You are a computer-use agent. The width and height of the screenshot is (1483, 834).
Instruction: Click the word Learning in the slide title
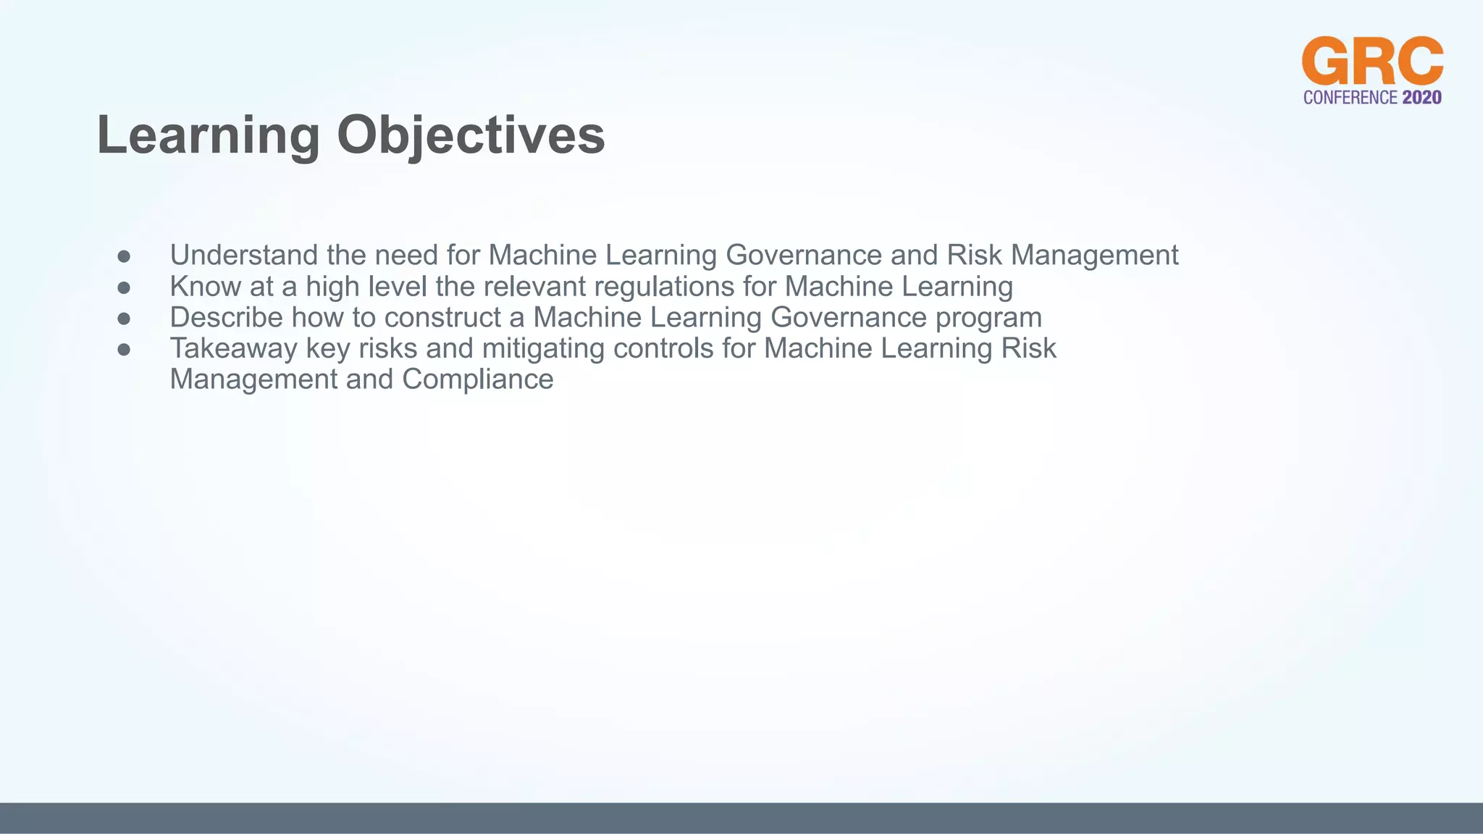pos(208,135)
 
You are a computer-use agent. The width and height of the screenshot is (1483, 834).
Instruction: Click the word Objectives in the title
pos(471,135)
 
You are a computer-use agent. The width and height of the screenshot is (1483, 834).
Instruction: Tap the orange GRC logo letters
pos(1372,62)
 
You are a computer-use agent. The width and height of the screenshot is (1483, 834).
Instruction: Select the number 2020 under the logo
pos(1421,98)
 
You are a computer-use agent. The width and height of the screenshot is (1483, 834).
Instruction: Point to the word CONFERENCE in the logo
pos(1350,98)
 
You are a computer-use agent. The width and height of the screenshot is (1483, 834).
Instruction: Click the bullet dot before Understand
pos(124,256)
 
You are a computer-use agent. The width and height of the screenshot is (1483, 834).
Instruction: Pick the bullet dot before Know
pos(124,287)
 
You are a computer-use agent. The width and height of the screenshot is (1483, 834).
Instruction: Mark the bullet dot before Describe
pos(124,319)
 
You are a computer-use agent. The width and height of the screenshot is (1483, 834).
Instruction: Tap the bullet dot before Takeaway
pos(124,350)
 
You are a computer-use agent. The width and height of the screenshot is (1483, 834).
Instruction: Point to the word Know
pos(205,287)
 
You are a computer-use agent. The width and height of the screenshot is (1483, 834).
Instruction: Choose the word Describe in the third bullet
pos(226,318)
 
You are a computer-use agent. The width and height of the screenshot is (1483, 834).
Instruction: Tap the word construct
pos(442,318)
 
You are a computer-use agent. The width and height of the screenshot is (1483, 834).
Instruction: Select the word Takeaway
pos(233,349)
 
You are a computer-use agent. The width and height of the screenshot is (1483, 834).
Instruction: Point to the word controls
pos(663,349)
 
